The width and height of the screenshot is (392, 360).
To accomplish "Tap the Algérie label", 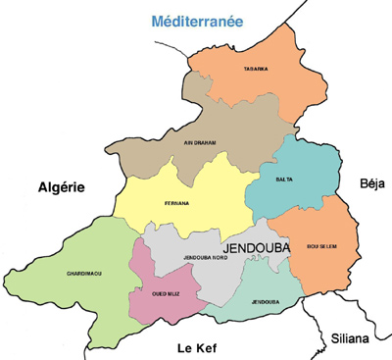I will click(x=63, y=187).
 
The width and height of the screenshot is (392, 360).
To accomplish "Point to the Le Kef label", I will click(x=196, y=347).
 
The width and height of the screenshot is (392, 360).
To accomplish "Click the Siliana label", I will click(x=350, y=338).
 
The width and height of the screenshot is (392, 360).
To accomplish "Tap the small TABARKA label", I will click(x=258, y=70).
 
